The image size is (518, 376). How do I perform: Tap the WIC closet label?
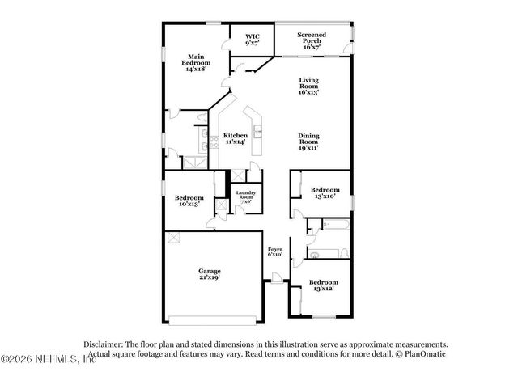tap(253, 40)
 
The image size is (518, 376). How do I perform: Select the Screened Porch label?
tap(312, 40)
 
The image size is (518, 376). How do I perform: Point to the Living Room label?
tap(309, 85)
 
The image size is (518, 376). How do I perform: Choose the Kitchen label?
tap(235, 138)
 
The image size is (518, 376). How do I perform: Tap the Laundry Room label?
tap(246, 196)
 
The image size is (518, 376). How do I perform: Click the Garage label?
tap(210, 274)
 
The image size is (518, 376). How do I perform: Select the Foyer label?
tap(275, 251)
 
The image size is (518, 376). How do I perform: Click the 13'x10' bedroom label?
tap(325, 192)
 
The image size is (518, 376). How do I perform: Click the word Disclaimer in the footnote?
tap(103, 344)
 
